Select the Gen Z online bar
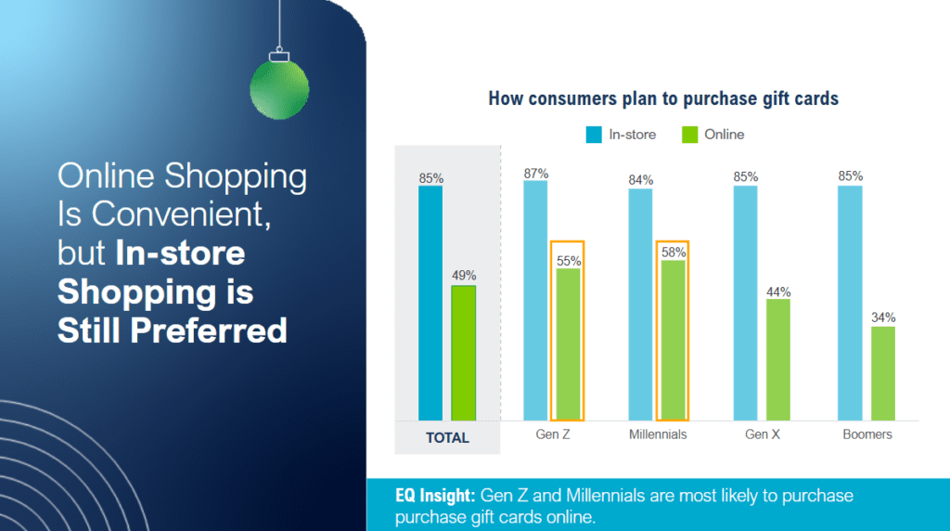(x=568, y=343)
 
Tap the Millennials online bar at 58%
(x=673, y=340)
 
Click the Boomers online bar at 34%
(x=883, y=372)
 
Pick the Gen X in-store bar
(x=745, y=303)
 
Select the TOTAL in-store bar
(x=430, y=303)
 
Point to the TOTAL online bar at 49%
(x=464, y=353)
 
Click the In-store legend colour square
(x=594, y=135)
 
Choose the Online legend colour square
(x=689, y=135)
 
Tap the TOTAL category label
(x=447, y=437)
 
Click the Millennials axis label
(x=657, y=434)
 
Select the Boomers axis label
(x=867, y=434)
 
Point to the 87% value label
(x=535, y=173)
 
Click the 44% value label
(x=777, y=291)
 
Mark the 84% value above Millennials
(x=640, y=180)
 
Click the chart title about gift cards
(x=663, y=97)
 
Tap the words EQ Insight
(x=434, y=497)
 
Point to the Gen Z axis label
(x=553, y=434)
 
